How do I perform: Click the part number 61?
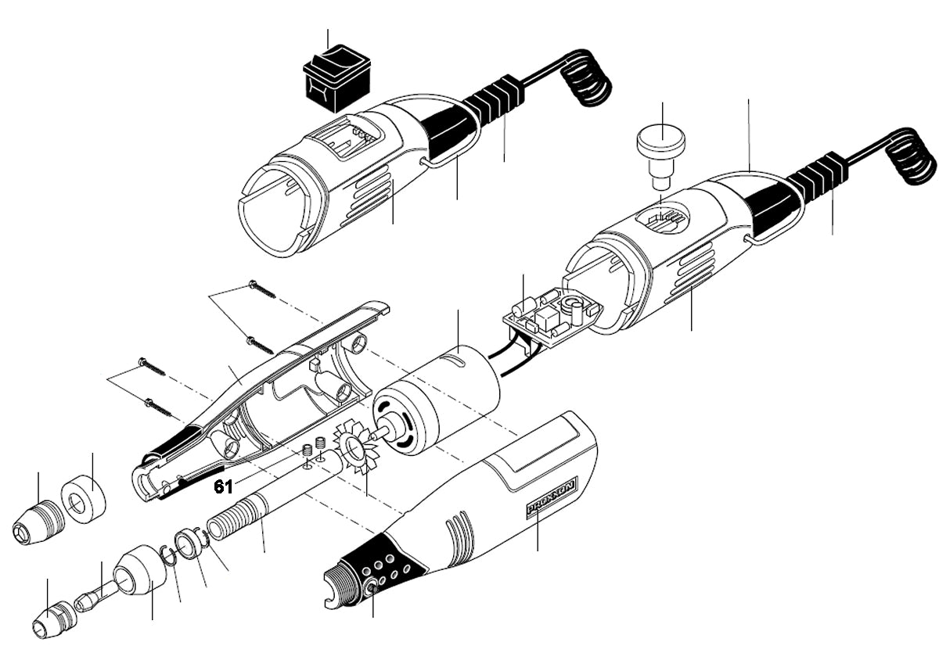[223, 487]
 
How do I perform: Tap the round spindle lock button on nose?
[372, 586]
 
